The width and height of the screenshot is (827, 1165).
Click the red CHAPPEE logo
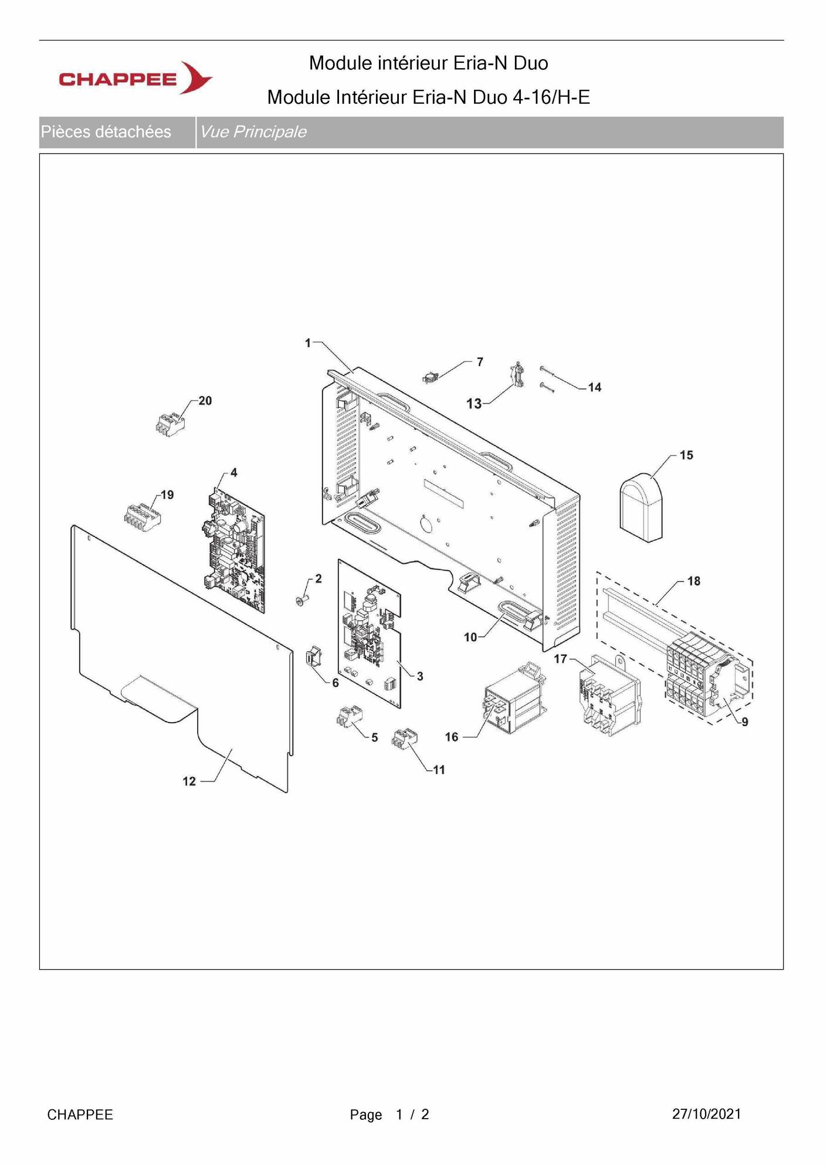tap(135, 77)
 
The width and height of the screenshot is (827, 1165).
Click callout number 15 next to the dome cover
tap(686, 455)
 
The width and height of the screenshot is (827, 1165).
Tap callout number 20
tap(205, 401)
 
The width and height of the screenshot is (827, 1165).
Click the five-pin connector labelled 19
tap(143, 517)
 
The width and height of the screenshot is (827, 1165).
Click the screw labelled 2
tap(302, 599)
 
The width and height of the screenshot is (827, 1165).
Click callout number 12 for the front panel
tap(189, 781)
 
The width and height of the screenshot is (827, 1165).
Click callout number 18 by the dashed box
tap(694, 581)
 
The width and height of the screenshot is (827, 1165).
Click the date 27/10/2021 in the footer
tap(706, 1113)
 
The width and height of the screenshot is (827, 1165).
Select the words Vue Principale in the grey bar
tap(253, 131)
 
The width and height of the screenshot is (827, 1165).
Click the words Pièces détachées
tap(106, 131)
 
